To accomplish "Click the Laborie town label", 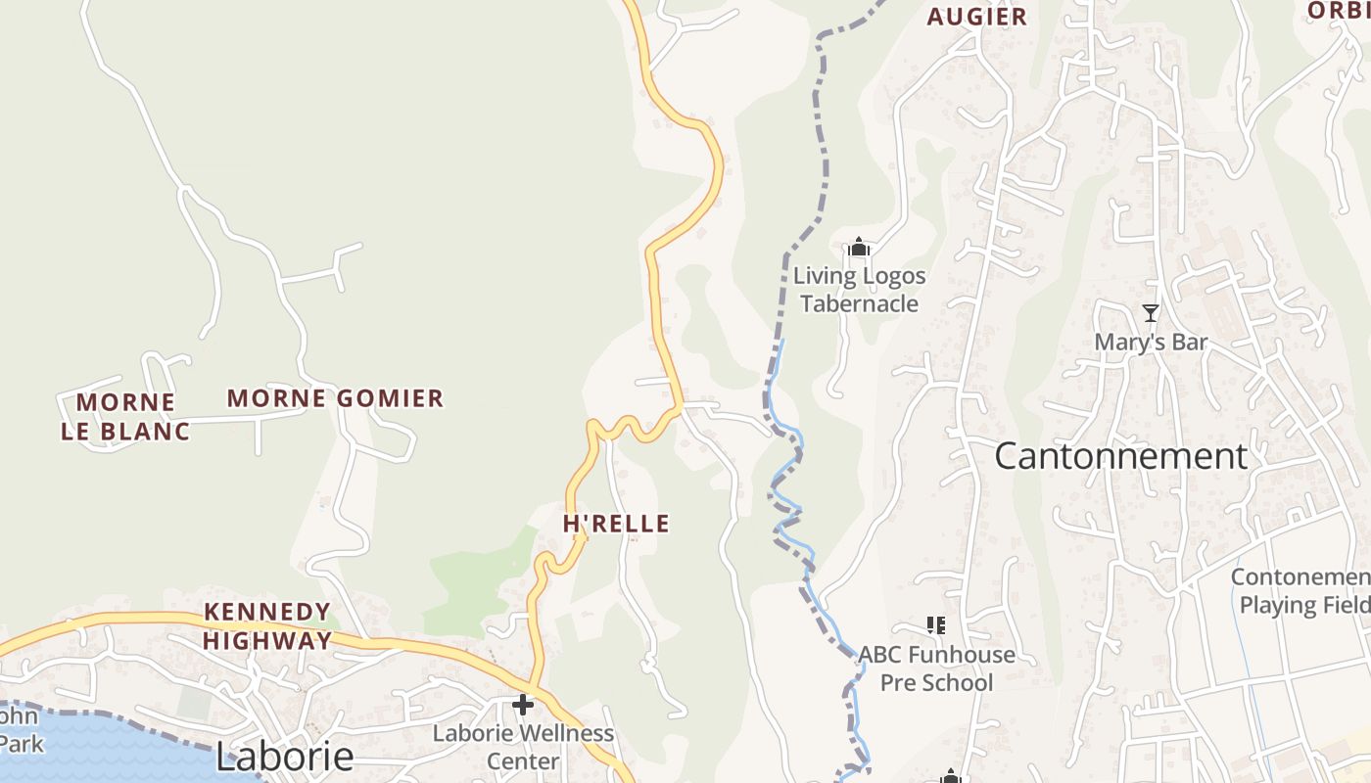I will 284,757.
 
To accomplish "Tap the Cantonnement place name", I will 1120,456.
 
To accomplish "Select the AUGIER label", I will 976,17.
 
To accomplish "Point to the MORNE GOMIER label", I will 335,398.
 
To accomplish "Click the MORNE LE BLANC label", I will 125,417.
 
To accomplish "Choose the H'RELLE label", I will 616,524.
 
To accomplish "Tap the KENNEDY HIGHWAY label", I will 266,626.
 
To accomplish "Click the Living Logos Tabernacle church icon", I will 859,248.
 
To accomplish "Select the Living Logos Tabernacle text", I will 859,290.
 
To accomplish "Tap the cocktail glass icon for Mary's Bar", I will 1151,313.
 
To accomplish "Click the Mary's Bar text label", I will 1151,343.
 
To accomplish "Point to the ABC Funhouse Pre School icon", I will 935,624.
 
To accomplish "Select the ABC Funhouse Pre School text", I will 936,668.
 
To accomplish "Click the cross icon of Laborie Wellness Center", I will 523,704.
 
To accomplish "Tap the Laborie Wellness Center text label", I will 523,747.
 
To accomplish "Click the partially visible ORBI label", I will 1338,10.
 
